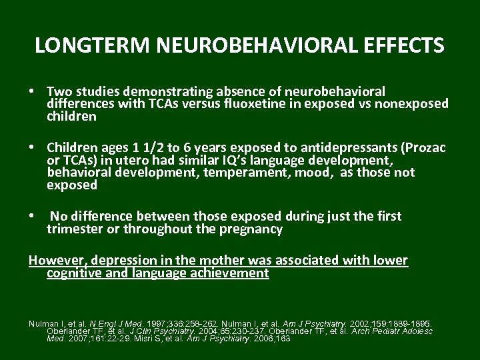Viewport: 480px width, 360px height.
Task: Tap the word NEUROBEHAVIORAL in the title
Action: [x=237, y=45]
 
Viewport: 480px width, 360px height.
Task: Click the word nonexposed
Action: [x=415, y=103]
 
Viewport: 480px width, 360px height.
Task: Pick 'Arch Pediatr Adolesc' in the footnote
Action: [x=394, y=331]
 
